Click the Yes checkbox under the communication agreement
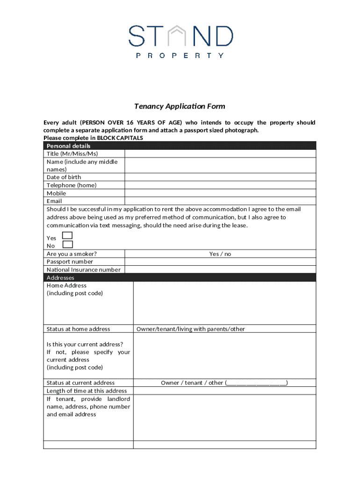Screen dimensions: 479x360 (68, 235)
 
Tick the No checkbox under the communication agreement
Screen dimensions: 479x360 (68, 244)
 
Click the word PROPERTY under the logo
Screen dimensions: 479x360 (180, 55)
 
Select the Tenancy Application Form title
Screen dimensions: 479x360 (180, 106)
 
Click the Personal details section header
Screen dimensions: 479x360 (69, 146)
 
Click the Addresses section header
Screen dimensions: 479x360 (60, 278)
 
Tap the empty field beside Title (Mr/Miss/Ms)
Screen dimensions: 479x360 (220, 154)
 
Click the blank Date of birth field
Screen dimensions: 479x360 (220, 177)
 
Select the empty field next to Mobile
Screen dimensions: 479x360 (220, 193)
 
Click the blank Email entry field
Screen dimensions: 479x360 (220, 201)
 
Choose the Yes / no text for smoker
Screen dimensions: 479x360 (220, 254)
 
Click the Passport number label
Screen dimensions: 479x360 (70, 262)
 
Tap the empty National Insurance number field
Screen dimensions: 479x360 (220, 270)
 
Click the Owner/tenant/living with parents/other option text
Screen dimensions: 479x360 (191, 329)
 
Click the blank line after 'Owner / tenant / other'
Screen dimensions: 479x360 (256, 383)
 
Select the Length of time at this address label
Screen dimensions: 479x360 (86, 391)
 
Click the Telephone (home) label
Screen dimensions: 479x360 (72, 185)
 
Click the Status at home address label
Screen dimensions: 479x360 (79, 329)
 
